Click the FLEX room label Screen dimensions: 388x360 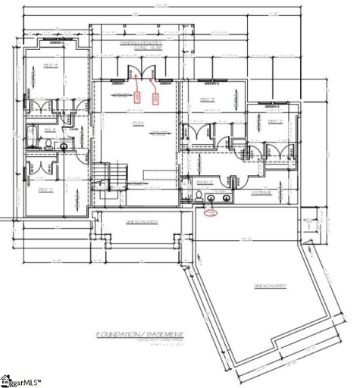(x=139, y=124)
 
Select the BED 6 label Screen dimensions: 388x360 (x=43, y=189)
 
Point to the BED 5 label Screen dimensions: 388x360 (x=207, y=99)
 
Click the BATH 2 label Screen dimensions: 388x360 (x=204, y=183)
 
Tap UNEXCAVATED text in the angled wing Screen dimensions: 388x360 (x=268, y=286)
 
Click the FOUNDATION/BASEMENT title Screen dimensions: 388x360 (x=139, y=334)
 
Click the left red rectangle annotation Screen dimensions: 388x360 (x=137, y=96)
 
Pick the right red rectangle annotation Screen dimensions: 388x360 (x=156, y=97)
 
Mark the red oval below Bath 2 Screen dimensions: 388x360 (x=213, y=213)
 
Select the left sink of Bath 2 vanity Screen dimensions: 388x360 (x=211, y=199)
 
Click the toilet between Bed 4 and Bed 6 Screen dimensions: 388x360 (x=32, y=142)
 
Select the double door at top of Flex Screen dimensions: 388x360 (x=140, y=76)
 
